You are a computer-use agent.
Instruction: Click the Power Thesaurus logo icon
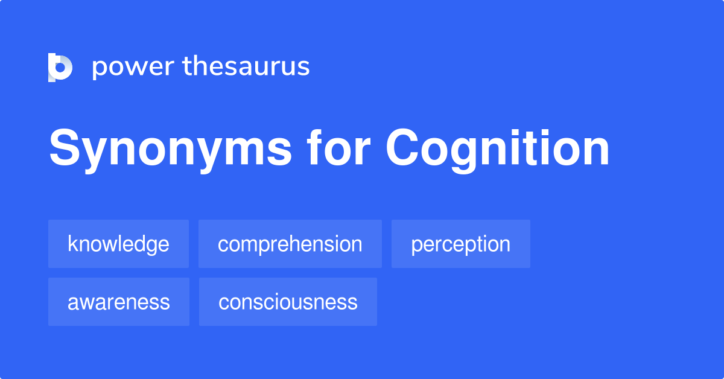pyautogui.click(x=60, y=67)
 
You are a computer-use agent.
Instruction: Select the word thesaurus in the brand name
pyautogui.click(x=246, y=66)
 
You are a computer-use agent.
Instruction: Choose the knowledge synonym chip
pyautogui.click(x=118, y=244)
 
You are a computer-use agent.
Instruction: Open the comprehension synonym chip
pyautogui.click(x=290, y=244)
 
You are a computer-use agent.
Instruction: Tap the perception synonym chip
pyautogui.click(x=460, y=244)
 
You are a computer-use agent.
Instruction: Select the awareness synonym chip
pyautogui.click(x=118, y=302)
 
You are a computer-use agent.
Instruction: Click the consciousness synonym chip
pyautogui.click(x=288, y=302)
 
